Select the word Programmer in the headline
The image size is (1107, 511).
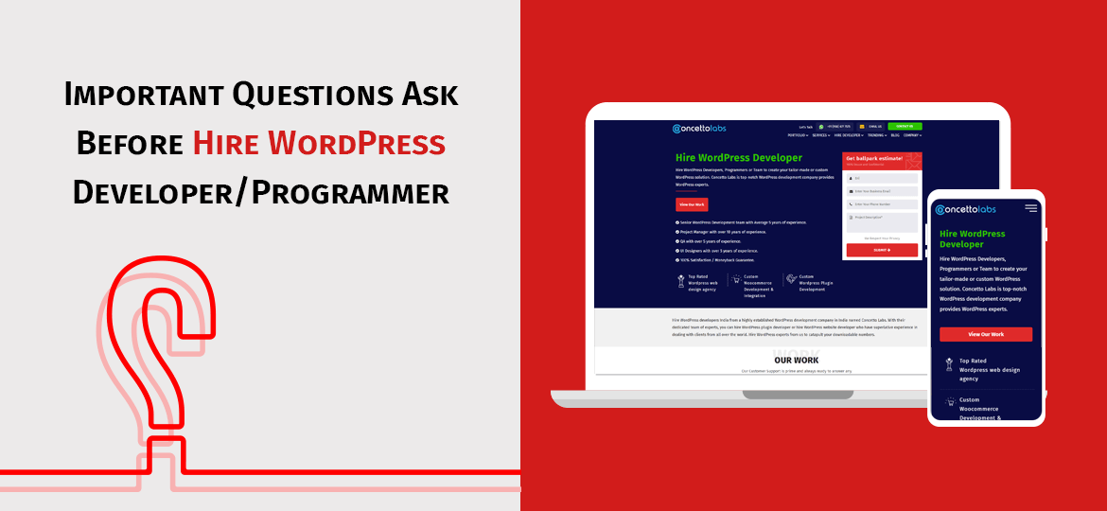[353, 192]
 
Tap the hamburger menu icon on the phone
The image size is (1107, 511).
[1030, 208]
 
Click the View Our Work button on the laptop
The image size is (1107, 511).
[692, 204]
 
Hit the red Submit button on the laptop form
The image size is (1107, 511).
[881, 250]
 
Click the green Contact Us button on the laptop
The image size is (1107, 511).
[905, 126]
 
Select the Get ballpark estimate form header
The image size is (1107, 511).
[881, 160]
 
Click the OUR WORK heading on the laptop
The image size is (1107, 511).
[796, 360]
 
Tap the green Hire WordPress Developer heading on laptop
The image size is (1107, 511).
[738, 158]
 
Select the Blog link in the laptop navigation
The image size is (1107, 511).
[894, 135]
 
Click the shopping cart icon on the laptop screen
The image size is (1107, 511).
[735, 280]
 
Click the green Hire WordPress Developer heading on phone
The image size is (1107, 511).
[972, 238]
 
